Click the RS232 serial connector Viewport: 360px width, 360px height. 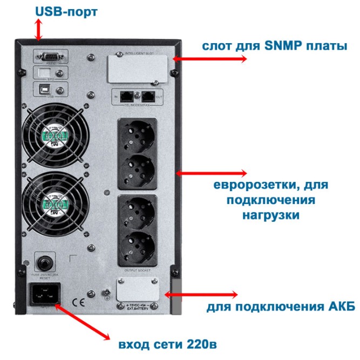(49, 55)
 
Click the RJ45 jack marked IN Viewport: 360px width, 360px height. (126, 97)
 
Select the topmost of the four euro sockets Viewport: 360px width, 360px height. (137, 135)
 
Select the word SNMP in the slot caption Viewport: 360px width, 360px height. (268, 46)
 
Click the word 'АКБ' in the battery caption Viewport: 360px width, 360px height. (342, 308)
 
